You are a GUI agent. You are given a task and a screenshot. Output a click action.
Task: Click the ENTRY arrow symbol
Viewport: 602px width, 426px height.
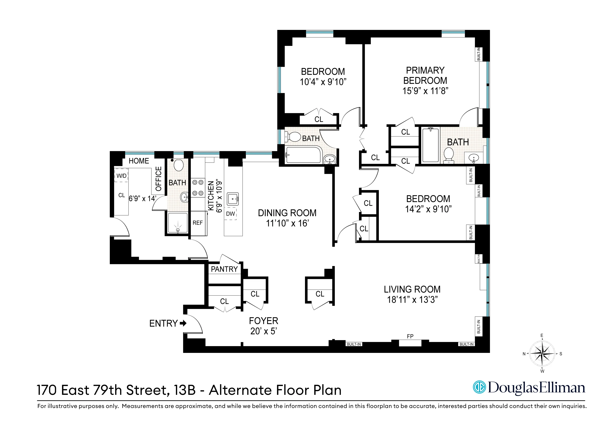click(x=183, y=323)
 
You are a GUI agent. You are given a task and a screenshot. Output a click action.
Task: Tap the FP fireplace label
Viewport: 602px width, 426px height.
click(x=410, y=336)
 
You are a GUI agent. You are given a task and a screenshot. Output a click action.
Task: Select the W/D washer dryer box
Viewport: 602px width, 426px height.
click(x=121, y=176)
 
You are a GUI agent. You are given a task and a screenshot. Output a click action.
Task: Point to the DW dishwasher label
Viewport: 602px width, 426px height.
click(x=231, y=214)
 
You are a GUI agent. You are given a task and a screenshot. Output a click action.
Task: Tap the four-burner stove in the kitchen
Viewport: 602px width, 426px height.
click(x=198, y=188)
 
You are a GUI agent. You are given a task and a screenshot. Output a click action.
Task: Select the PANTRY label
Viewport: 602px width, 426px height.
click(x=224, y=269)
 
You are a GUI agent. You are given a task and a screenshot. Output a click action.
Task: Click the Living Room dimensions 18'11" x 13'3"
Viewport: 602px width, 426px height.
click(x=412, y=299)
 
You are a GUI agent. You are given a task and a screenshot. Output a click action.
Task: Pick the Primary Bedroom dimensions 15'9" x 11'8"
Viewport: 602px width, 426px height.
click(x=425, y=91)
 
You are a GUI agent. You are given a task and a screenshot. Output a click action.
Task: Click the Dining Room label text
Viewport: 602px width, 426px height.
click(x=287, y=213)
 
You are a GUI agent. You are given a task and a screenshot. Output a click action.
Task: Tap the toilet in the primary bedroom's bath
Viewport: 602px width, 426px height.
click(x=449, y=155)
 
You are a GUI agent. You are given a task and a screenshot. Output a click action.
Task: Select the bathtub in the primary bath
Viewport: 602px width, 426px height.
click(x=431, y=145)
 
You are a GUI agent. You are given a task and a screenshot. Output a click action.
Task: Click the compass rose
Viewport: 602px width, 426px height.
click(x=542, y=353)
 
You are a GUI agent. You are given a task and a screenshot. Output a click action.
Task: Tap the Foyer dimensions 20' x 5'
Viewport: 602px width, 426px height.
click(x=263, y=331)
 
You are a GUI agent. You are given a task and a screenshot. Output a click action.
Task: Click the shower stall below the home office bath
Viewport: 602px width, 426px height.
click(x=178, y=223)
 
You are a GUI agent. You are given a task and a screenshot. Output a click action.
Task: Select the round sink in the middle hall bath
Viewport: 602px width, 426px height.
click(x=329, y=159)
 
